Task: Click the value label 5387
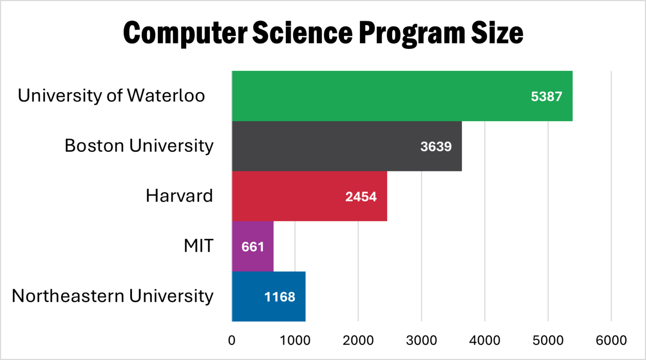point(546,97)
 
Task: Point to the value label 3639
point(436,147)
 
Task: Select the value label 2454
point(361,197)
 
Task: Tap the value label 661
point(253,247)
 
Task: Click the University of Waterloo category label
point(111,96)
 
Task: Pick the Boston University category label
point(139,146)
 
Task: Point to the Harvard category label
point(179,196)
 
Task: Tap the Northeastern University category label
point(112,296)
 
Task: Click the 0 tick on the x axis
point(231,341)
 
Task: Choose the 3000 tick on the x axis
point(421,341)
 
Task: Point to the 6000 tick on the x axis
point(611,341)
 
